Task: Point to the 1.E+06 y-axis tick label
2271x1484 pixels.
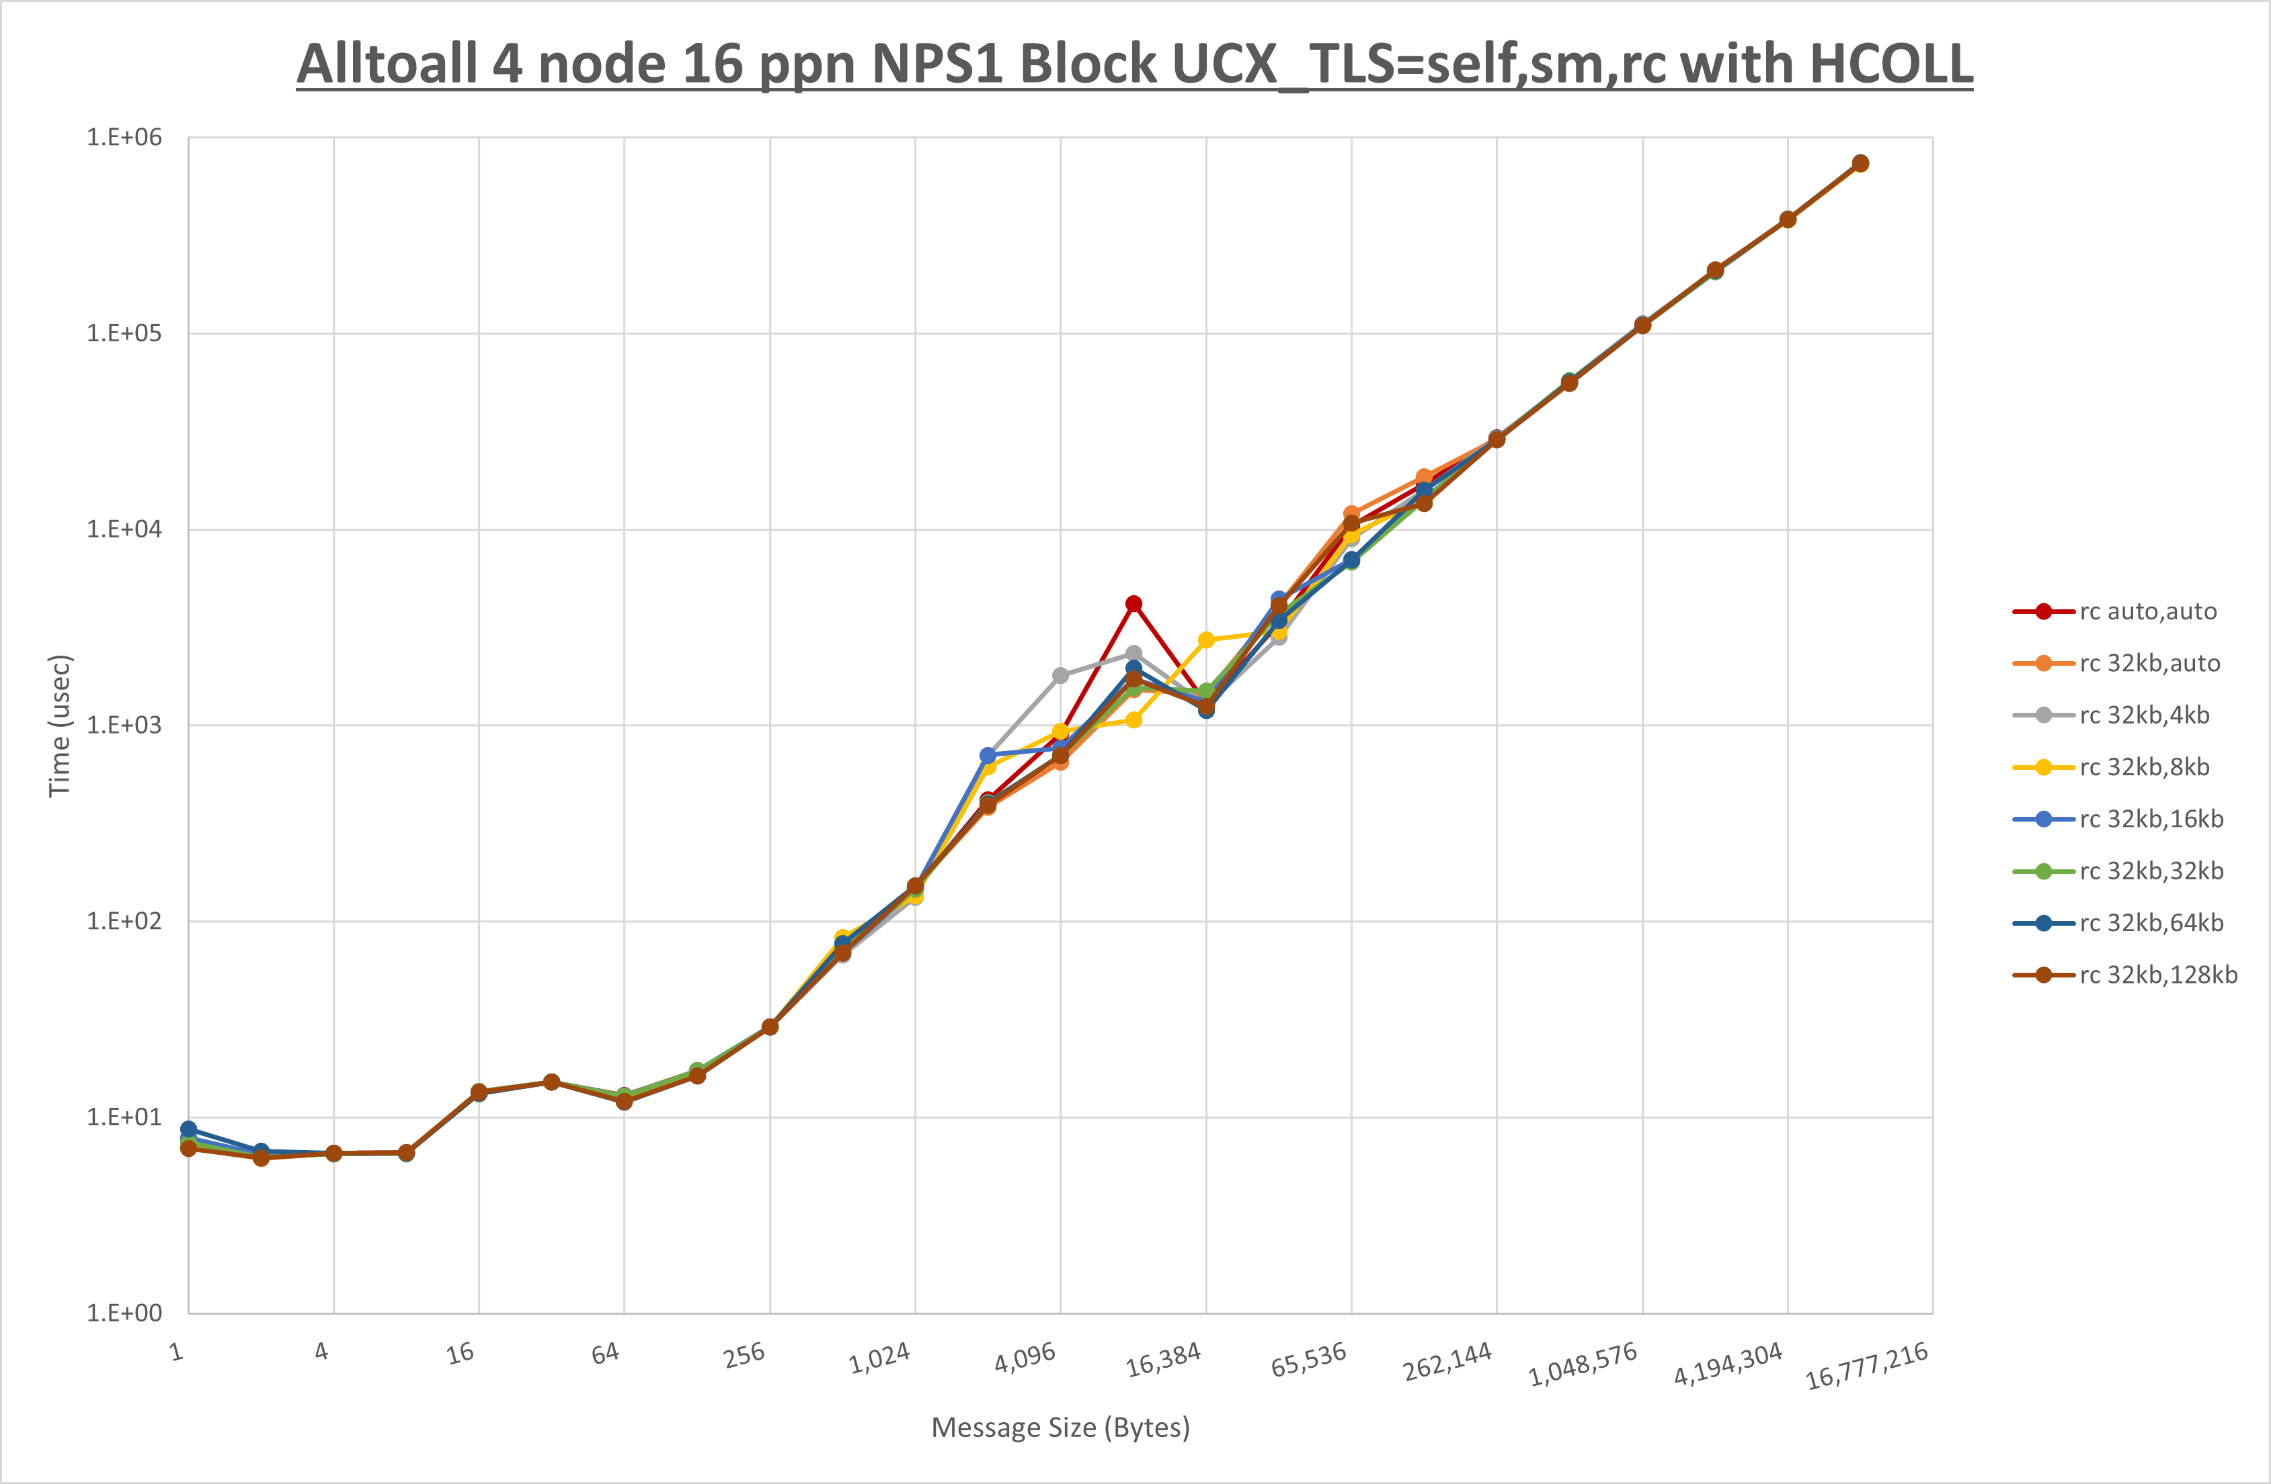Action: point(124,137)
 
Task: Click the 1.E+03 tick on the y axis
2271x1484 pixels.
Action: point(124,725)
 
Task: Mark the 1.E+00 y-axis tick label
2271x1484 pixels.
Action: point(124,1313)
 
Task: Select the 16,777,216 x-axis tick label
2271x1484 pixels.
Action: point(1866,1366)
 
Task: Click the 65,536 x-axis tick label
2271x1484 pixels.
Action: point(1308,1360)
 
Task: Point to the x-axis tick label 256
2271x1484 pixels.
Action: point(744,1354)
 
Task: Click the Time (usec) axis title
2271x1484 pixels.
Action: point(59,725)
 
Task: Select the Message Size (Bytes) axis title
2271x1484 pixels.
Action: point(1060,1428)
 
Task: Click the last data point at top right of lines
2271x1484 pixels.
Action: point(1860,163)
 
